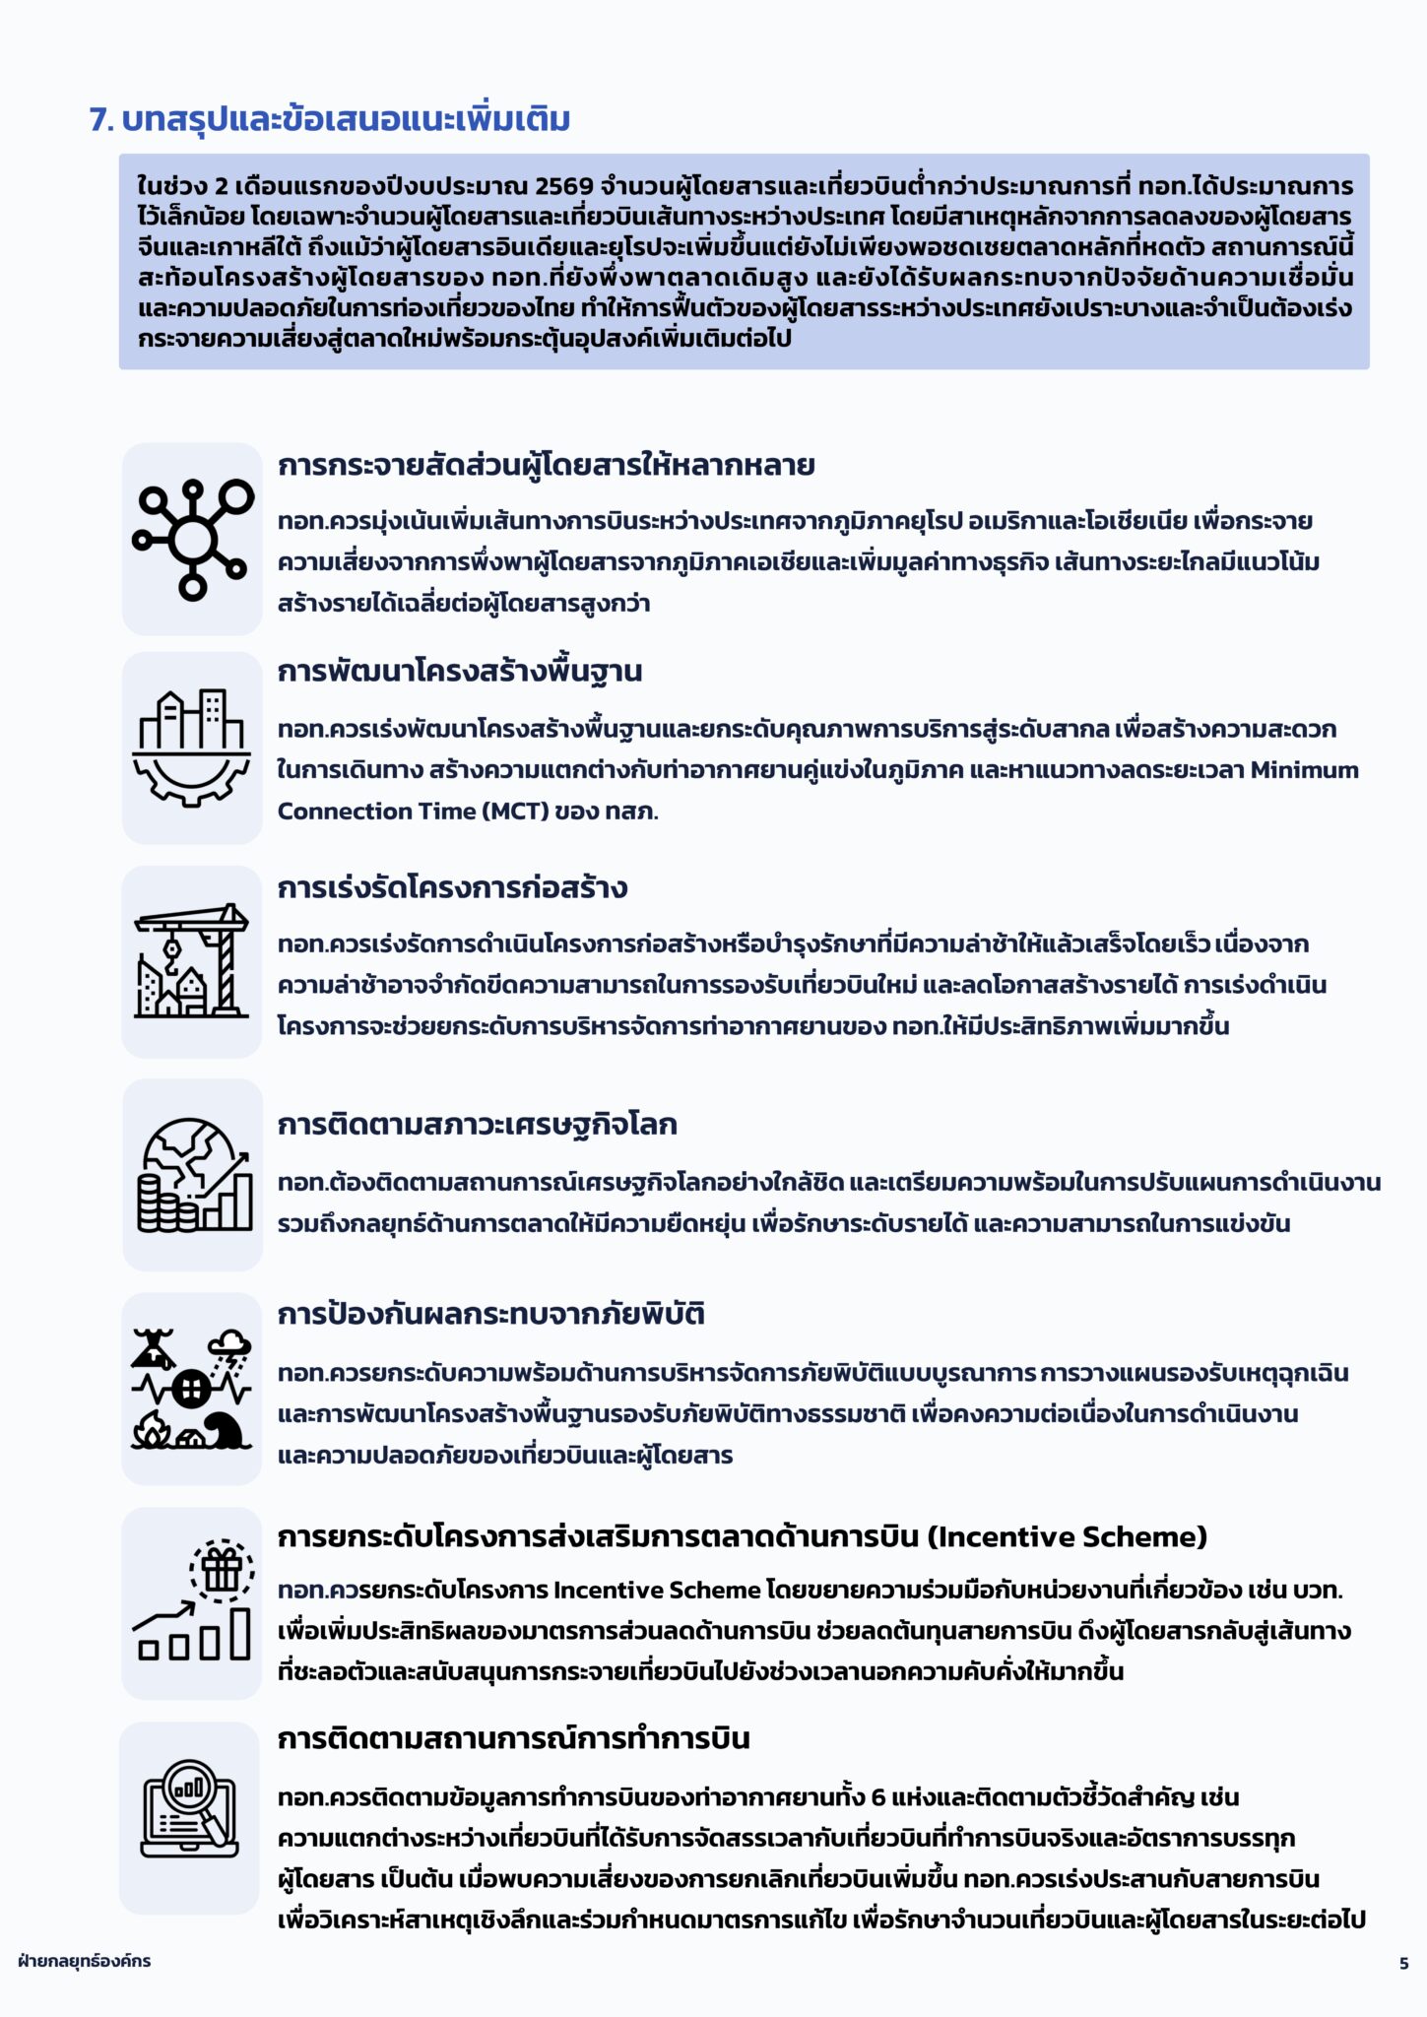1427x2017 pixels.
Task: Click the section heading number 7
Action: pos(100,120)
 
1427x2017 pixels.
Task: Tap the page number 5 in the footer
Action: pos(1403,1963)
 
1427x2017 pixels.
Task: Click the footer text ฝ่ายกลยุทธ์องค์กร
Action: pos(85,1961)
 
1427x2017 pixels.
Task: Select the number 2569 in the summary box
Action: pos(563,186)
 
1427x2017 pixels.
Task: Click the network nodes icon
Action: pos(192,539)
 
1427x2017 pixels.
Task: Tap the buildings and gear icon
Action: pos(192,748)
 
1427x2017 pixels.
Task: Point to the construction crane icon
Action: pos(192,961)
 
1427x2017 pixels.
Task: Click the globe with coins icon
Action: pos(193,1174)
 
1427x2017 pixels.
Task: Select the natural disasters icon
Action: pos(192,1389)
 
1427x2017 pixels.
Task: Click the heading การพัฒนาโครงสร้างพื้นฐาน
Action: pos(459,672)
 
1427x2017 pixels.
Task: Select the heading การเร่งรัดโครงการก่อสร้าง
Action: pos(452,888)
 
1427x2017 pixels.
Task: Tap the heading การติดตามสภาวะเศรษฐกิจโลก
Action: pos(477,1125)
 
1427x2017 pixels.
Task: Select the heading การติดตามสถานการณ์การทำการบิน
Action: pos(513,1739)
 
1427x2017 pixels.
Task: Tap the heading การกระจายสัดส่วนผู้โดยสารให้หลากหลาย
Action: pos(546,465)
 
